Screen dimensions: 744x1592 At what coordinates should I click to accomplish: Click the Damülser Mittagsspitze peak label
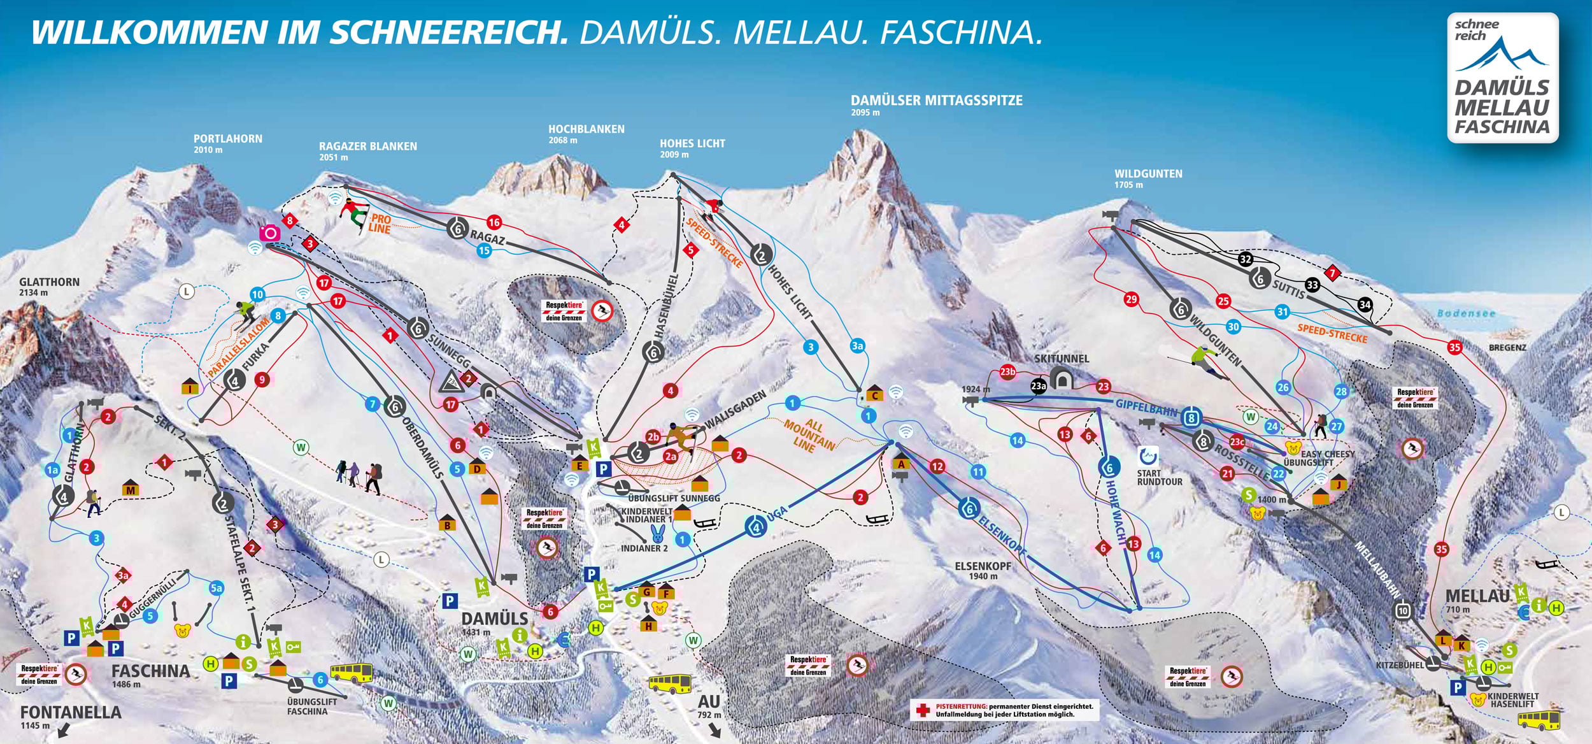coord(936,101)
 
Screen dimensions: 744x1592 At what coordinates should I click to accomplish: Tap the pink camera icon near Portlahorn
coord(269,233)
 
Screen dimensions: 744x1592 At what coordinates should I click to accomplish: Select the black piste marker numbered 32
coord(1246,259)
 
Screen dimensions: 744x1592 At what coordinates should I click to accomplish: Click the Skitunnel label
coord(1061,359)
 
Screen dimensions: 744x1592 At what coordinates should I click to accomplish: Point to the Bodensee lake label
coord(1465,313)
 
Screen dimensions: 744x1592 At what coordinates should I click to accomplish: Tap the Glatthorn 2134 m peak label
coord(49,282)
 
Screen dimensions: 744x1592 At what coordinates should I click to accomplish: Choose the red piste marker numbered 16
coord(494,222)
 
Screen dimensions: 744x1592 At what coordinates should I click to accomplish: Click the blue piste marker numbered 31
coord(1283,311)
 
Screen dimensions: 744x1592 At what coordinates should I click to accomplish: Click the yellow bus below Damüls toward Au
coord(669,684)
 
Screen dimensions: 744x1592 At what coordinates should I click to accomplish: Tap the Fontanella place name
coord(71,712)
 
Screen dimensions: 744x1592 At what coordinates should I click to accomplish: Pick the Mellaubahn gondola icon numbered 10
coord(1402,612)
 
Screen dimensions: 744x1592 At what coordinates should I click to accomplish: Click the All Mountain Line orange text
coord(809,434)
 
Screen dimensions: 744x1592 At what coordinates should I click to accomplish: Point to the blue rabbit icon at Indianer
coord(657,533)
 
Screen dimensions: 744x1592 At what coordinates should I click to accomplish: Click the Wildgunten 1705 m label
coord(1148,174)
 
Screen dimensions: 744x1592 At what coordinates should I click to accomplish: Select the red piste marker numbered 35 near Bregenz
coord(1454,347)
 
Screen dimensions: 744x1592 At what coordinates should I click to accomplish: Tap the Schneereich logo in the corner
coord(1502,78)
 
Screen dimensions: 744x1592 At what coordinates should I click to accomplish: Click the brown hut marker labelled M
coord(131,489)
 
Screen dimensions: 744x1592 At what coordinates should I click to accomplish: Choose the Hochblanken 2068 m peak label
coord(586,129)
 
